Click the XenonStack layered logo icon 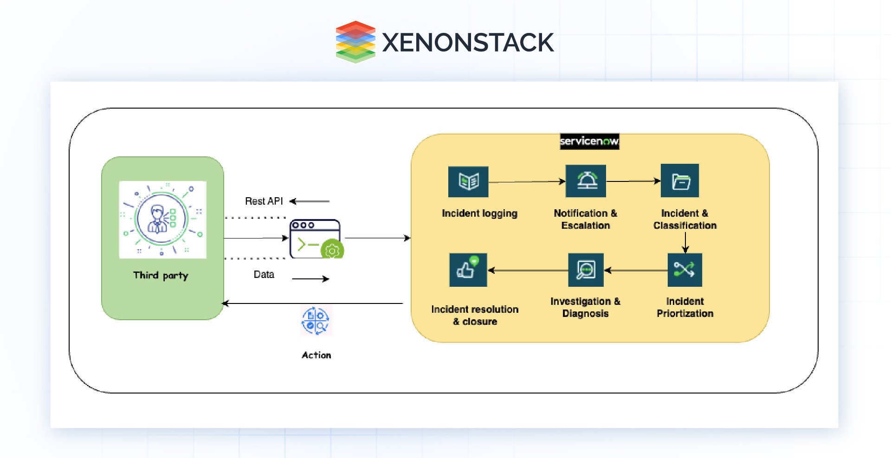355,42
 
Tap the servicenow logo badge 589,141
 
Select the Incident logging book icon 468,181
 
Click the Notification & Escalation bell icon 586,181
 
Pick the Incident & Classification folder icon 680,181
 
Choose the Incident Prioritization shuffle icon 684,270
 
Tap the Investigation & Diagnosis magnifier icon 586,270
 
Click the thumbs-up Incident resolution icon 468,270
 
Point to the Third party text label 161,275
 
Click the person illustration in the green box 162,219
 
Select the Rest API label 264,201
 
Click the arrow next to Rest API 310,201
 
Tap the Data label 264,274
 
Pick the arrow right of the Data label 310,279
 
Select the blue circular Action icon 316,321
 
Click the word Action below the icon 316,355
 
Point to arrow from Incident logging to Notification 527,182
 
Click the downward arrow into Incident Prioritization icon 685,242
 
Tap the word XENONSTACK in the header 467,42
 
